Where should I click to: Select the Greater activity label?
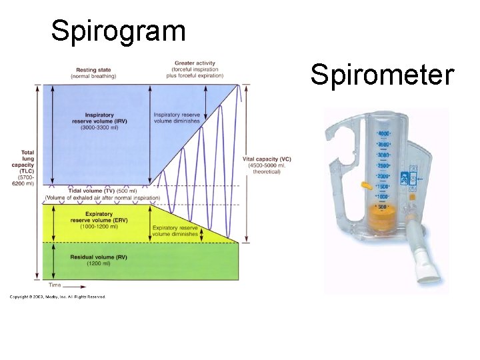[194, 69]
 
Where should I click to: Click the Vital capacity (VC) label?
[267, 165]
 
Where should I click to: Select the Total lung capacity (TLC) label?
[27, 167]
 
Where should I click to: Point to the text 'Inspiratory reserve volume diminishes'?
[176, 118]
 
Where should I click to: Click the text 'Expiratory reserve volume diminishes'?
[175, 231]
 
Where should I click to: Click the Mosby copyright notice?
[57, 297]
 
